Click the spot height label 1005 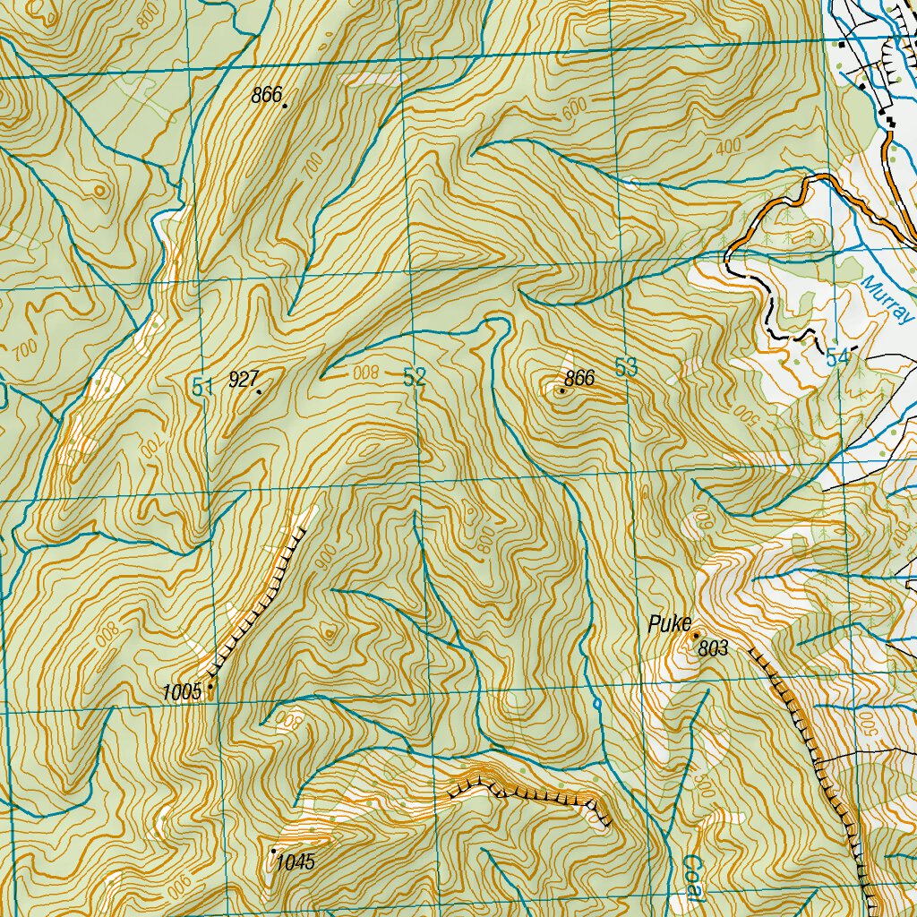[181, 691]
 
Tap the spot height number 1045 [296, 862]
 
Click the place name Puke [666, 626]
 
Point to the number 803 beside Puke [713, 650]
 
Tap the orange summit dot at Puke [696, 635]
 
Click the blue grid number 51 [202, 387]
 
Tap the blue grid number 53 [626, 366]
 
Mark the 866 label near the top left [267, 95]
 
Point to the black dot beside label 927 [260, 391]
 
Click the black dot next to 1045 [273, 850]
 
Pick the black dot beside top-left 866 [285, 106]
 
